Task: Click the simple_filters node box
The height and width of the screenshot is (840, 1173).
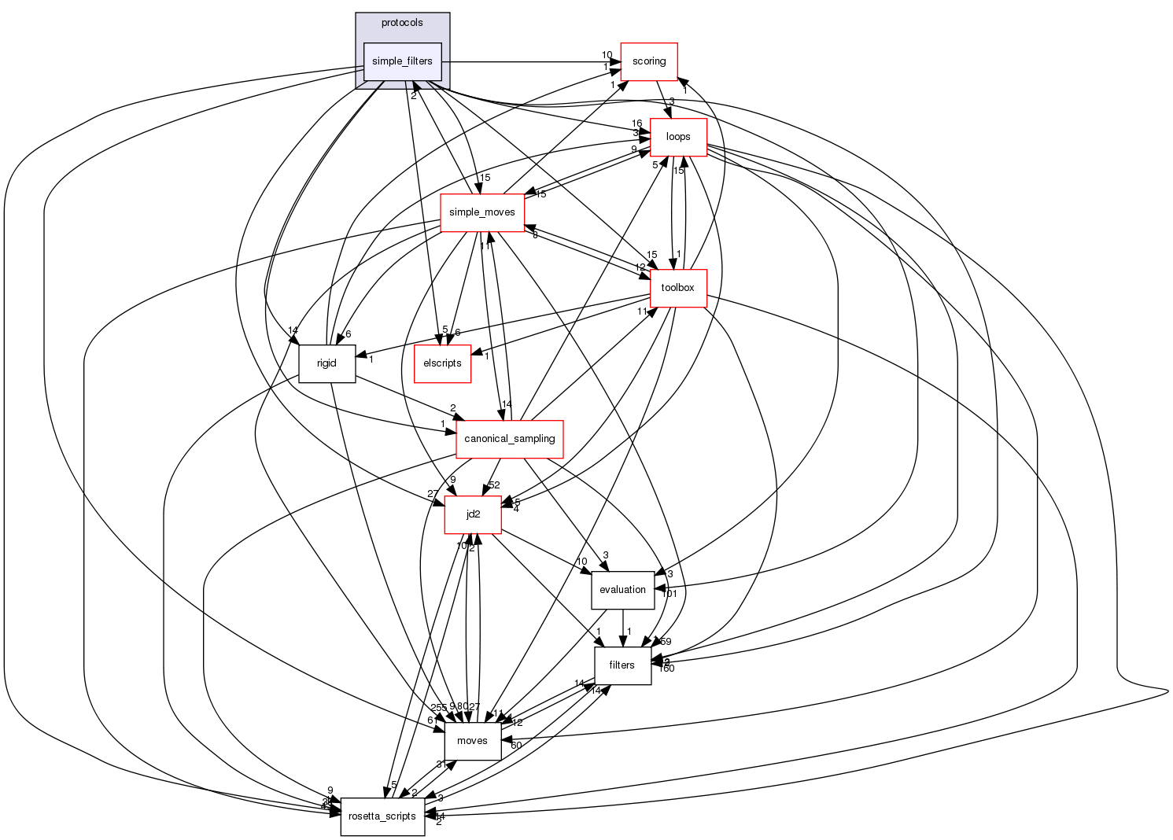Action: [402, 61]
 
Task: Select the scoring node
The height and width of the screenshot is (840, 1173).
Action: [649, 61]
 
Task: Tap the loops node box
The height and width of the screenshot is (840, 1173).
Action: [678, 137]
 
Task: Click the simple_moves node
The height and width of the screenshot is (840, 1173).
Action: [482, 212]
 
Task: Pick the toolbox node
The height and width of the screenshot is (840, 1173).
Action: [677, 288]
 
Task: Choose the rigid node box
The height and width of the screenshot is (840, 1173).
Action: [326, 363]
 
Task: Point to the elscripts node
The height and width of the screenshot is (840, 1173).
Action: [442, 363]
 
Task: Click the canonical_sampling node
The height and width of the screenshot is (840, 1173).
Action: [510, 439]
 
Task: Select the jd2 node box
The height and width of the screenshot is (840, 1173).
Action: [473, 514]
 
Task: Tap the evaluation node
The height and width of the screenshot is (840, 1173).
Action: [622, 590]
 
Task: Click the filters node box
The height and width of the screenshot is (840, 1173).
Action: [622, 665]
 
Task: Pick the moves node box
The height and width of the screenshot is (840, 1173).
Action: [472, 741]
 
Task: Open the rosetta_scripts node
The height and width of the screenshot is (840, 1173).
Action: [382, 816]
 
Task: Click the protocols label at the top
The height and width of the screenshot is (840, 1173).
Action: [402, 23]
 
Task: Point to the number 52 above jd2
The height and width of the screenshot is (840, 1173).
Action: [494, 485]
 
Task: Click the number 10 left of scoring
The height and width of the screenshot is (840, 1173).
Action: [607, 55]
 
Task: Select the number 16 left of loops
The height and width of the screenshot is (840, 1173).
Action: [636, 123]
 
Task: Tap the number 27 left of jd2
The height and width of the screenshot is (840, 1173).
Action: [433, 494]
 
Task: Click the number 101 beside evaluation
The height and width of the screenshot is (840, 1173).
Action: [669, 594]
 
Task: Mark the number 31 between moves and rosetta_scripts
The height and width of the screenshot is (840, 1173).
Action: [442, 764]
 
